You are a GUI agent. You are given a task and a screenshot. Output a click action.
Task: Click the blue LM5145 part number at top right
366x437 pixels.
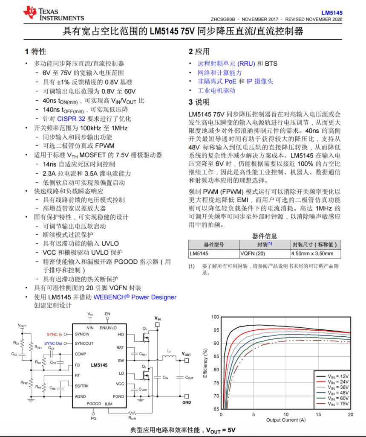pos(333,13)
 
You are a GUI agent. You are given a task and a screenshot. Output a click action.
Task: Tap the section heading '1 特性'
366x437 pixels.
pos(36,52)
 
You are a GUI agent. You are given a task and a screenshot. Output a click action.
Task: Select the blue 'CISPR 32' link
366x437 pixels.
pos(72,119)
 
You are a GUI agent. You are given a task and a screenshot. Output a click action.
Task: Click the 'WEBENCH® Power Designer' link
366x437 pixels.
pos(135,297)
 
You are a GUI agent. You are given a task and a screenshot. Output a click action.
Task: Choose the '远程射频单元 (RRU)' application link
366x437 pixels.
pos(226,64)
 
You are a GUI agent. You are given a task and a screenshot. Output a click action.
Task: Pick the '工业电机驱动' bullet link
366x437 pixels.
pos(216,90)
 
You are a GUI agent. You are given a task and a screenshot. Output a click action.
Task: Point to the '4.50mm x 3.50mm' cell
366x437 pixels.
pos(312,253)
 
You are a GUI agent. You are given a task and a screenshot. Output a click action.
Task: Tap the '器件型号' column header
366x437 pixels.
pos(213,245)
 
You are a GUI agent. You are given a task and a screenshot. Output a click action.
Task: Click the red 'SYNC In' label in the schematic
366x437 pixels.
pos(54,334)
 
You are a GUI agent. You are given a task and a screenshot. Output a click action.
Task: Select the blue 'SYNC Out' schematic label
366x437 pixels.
pos(53,344)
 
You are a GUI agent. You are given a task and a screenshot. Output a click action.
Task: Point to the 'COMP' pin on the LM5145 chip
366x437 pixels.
pos(80,354)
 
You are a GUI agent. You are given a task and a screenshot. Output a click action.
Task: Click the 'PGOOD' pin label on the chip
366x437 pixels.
pos(94,403)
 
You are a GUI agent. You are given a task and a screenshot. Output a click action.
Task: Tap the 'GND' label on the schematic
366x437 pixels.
pos(187,402)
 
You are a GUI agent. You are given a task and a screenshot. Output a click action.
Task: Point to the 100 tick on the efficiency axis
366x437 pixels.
pos(215,317)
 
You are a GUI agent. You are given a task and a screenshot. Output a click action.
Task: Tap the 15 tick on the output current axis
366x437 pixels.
pos(318,415)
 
